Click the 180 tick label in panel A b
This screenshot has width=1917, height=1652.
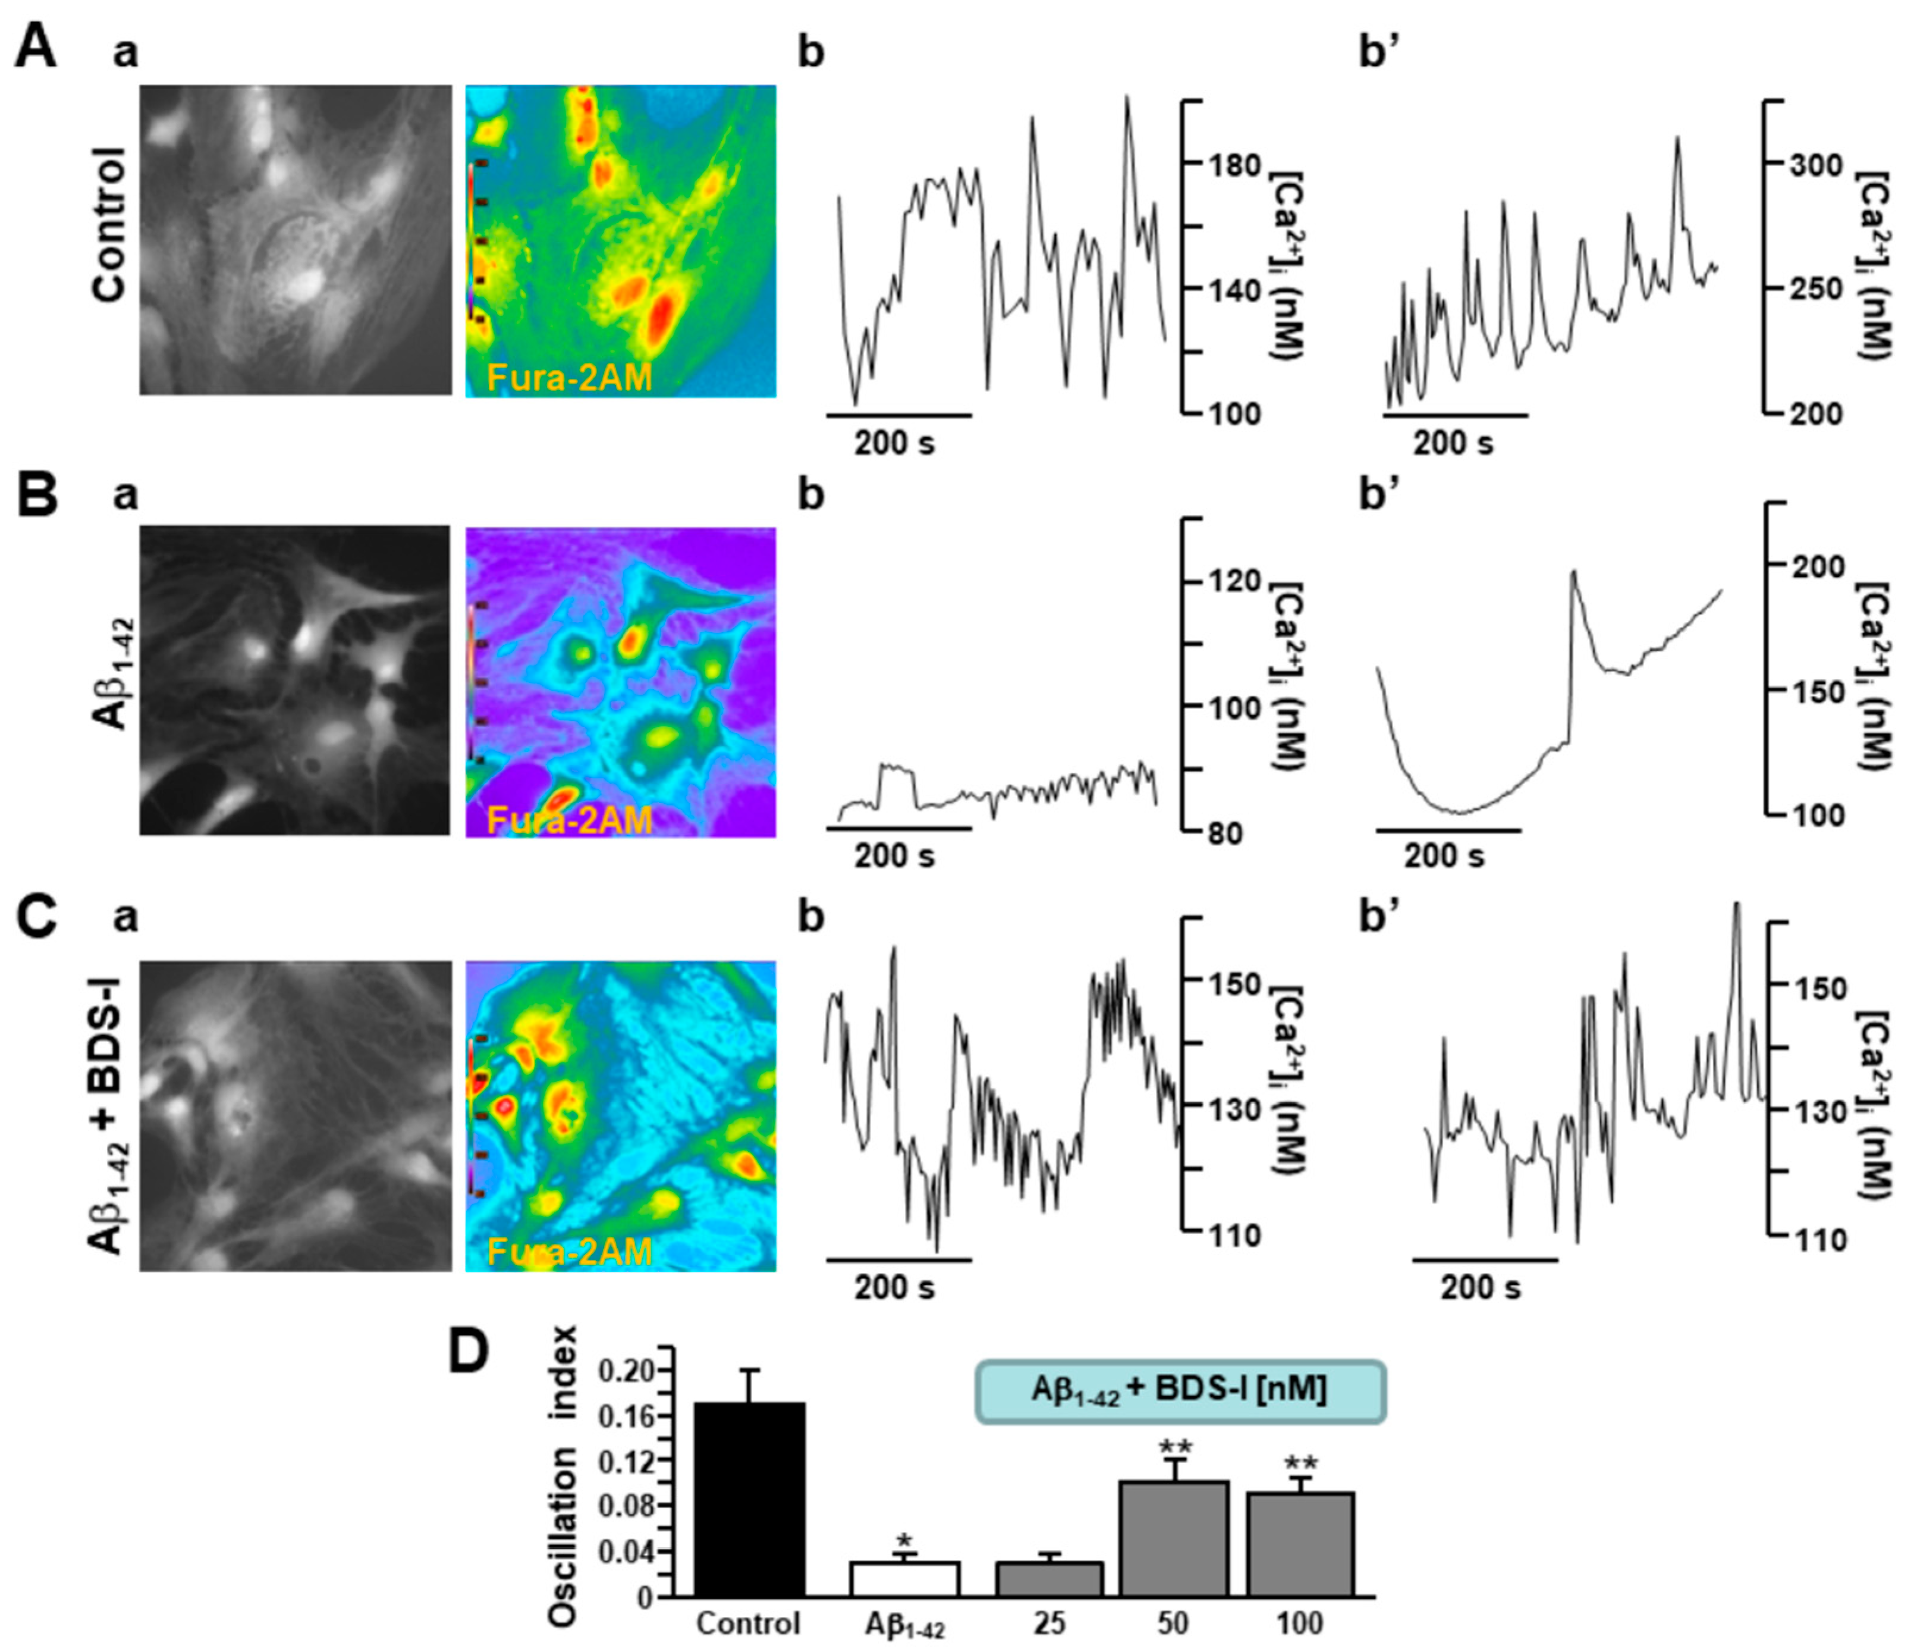coord(1234,167)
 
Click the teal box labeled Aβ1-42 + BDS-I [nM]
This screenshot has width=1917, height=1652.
coord(1180,1391)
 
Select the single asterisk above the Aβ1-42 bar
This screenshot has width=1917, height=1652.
coord(904,1541)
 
